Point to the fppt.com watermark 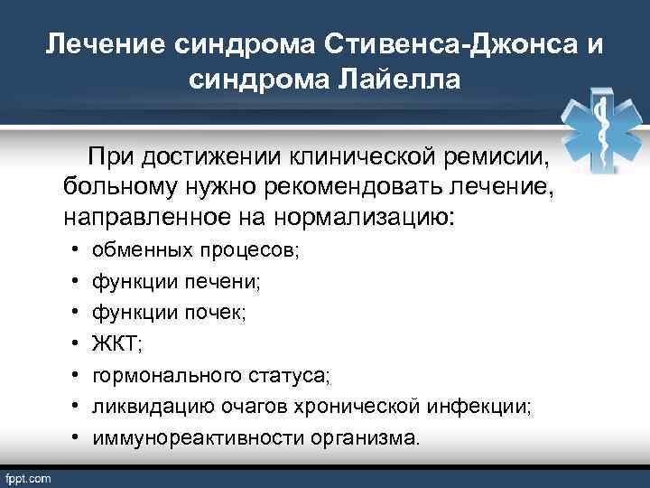click(30, 476)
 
